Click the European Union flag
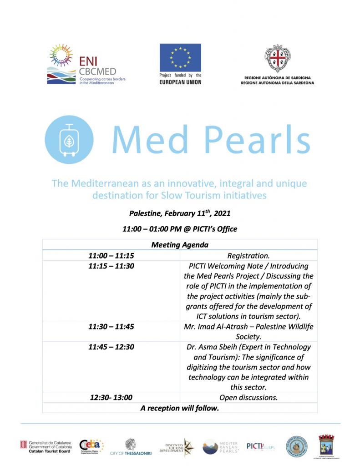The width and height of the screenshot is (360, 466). (180, 58)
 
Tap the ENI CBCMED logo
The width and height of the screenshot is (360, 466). (86, 64)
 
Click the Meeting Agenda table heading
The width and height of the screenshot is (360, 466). (180, 245)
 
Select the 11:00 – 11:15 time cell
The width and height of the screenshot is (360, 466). (111, 256)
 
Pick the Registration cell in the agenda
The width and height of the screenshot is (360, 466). (248, 256)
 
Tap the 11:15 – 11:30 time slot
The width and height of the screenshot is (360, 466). (111, 266)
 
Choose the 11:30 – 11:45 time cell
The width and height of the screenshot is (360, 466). (111, 327)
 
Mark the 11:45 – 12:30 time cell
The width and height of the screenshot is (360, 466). (111, 347)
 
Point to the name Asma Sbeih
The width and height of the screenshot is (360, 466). (216, 347)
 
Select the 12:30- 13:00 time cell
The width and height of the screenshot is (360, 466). (111, 398)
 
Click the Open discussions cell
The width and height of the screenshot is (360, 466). (248, 398)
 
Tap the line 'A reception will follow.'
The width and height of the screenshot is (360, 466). (180, 408)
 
